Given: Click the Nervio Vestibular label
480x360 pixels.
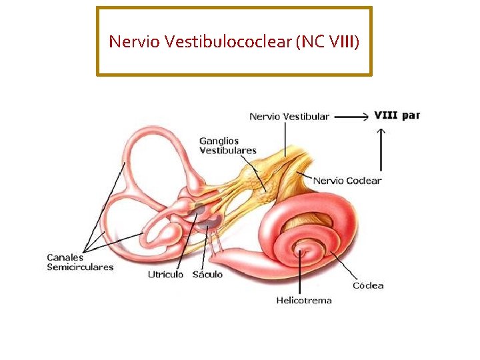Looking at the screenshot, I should pyautogui.click(x=289, y=116).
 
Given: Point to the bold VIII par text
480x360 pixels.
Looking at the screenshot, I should pyautogui.click(x=397, y=115).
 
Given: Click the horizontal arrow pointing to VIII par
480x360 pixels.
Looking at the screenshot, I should pyautogui.click(x=351, y=116).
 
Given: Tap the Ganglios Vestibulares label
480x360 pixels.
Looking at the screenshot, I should pyautogui.click(x=227, y=145).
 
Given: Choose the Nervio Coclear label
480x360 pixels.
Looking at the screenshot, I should pyautogui.click(x=347, y=180).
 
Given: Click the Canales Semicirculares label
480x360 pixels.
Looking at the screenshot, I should pyautogui.click(x=80, y=262).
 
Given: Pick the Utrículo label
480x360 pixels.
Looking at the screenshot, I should pyautogui.click(x=165, y=275).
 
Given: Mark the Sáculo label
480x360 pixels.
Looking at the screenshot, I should pyautogui.click(x=207, y=275).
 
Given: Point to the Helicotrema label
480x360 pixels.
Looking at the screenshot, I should pyautogui.click(x=304, y=300).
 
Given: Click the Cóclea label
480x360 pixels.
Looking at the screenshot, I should pyautogui.click(x=368, y=285).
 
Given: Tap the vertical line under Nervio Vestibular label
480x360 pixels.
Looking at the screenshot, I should pyautogui.click(x=285, y=140).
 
